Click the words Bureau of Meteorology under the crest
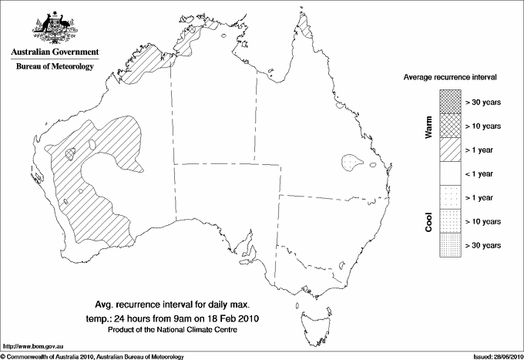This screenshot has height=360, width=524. click(55, 67)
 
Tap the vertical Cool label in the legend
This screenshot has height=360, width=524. click(428, 221)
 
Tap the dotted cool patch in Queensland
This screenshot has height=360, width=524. click(352, 163)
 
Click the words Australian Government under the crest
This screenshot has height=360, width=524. click(55, 52)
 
